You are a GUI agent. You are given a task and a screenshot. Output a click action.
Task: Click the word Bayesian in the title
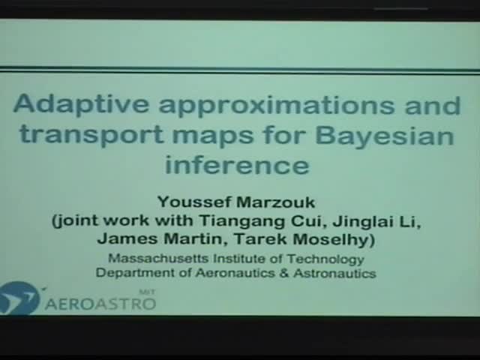385,136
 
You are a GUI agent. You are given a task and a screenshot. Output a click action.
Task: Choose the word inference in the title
237,164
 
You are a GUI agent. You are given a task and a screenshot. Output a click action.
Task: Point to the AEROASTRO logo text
100,302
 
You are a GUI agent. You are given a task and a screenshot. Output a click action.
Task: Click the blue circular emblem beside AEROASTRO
18,298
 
